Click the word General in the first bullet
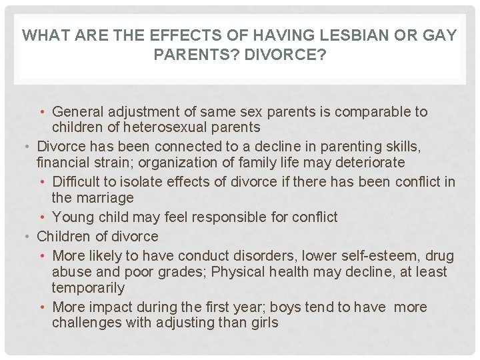(x=77, y=111)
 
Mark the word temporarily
(x=88, y=288)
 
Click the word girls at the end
(x=263, y=323)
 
